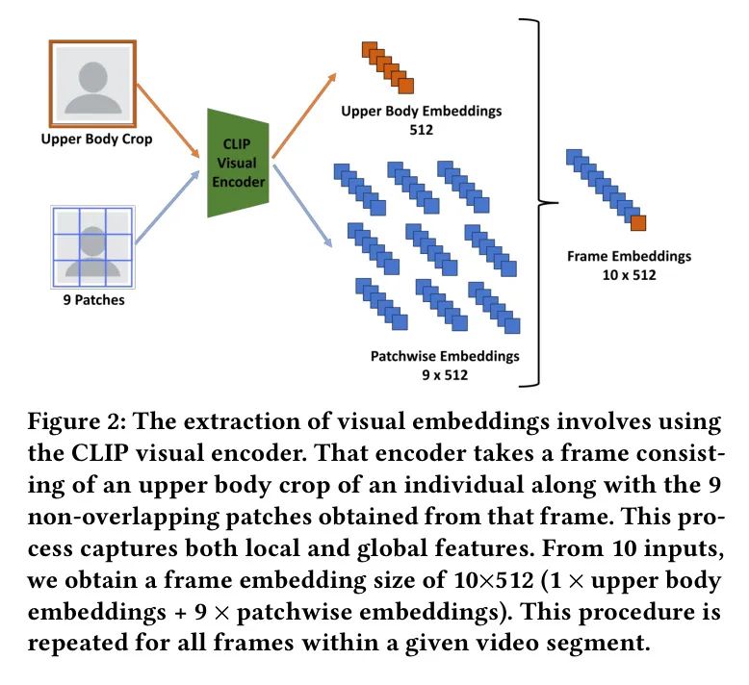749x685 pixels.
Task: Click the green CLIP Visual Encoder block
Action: click(237, 164)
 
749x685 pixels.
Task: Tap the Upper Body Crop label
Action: click(96, 139)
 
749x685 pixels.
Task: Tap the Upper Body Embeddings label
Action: click(421, 111)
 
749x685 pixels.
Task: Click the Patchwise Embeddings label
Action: click(444, 356)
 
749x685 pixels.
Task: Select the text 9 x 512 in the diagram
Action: click(444, 374)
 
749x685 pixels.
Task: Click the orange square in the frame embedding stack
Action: click(637, 223)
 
